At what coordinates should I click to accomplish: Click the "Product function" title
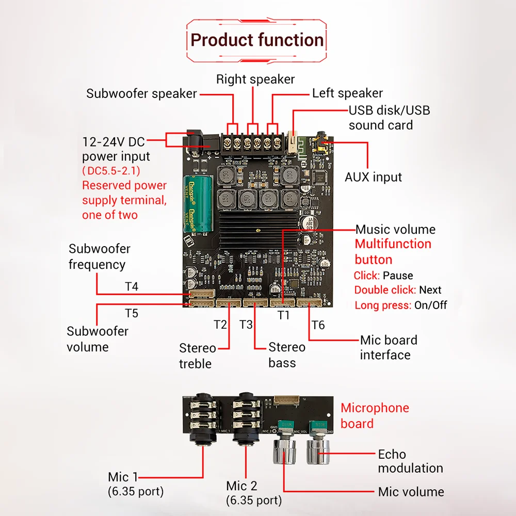coord(257,40)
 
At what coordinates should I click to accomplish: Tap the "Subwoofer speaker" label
coord(141,94)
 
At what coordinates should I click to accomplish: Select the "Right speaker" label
coord(255,79)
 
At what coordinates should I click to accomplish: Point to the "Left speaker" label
coord(347,93)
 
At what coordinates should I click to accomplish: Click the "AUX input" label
coord(373,177)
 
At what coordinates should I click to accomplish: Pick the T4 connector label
coord(132,286)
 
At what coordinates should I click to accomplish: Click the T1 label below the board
coord(284,315)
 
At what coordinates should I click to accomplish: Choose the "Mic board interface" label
coord(389,347)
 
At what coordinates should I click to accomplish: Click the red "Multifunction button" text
coord(393,251)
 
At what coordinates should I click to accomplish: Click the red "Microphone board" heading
coord(375,415)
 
